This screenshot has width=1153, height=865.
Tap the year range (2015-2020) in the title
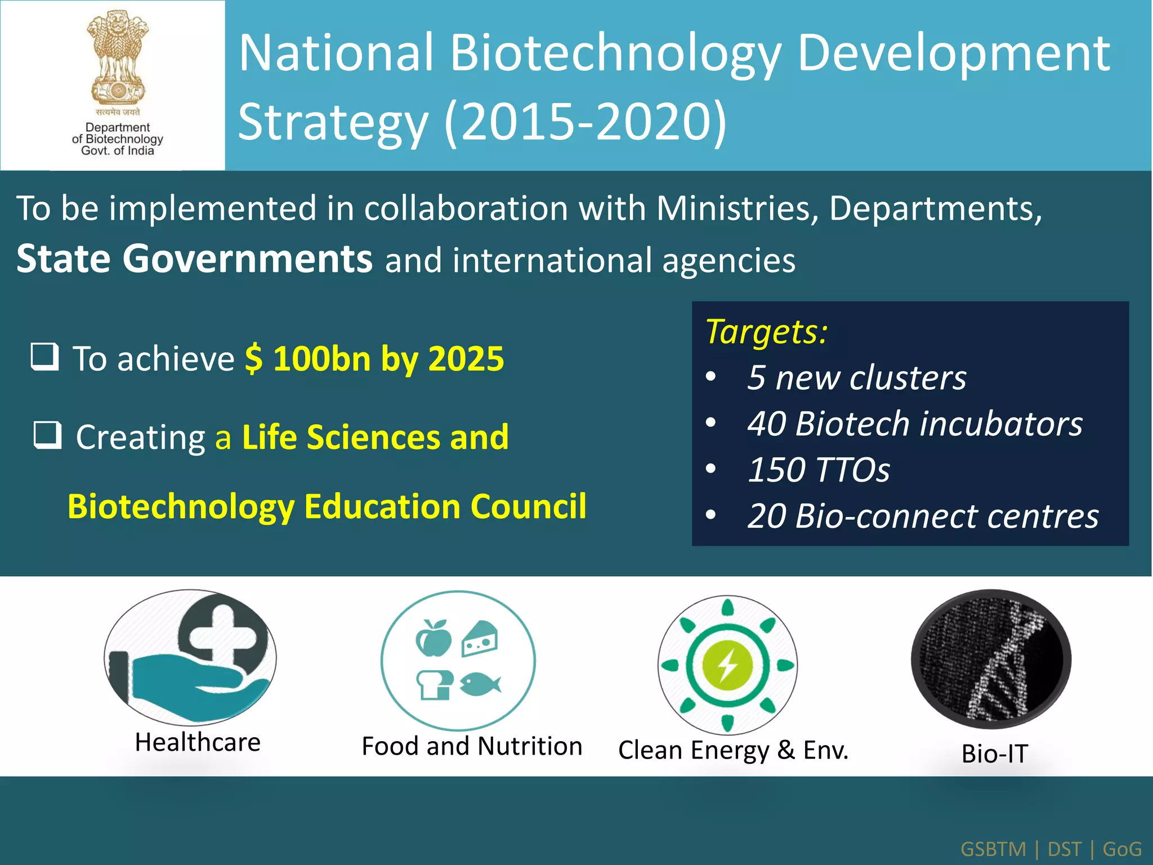click(x=586, y=122)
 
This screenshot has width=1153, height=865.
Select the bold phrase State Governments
click(x=194, y=259)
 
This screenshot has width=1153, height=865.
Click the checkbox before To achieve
click(x=44, y=356)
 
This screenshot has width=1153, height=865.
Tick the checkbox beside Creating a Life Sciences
click(x=47, y=435)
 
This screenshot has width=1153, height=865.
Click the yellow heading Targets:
click(x=766, y=331)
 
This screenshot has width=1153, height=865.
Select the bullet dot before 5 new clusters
click(x=711, y=377)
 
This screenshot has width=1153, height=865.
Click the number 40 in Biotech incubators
click(x=766, y=423)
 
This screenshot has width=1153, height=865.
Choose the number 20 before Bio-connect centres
click(x=766, y=516)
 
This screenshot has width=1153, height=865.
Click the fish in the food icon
click(x=480, y=684)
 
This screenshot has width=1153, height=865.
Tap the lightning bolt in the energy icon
click(x=727, y=665)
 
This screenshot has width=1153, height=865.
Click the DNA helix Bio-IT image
click(x=991, y=659)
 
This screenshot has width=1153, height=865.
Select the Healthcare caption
click(x=198, y=742)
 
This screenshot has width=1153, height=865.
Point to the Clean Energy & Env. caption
click(x=733, y=750)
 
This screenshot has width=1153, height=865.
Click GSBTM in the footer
click(x=993, y=849)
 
